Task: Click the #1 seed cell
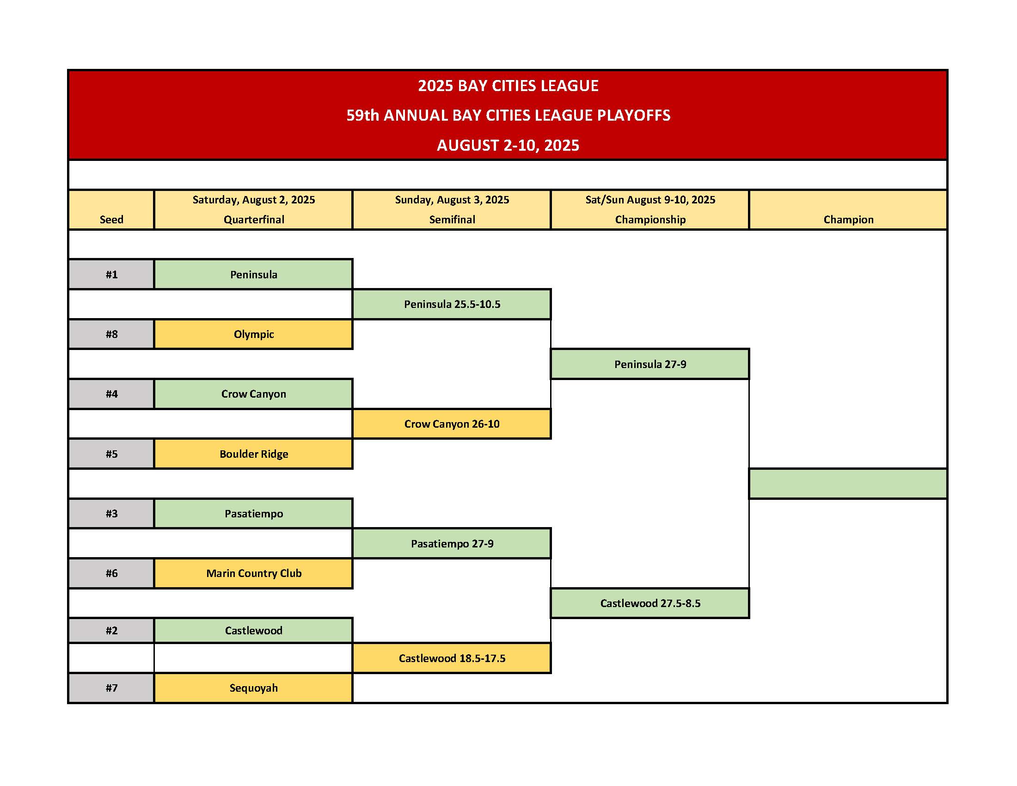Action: [x=111, y=274]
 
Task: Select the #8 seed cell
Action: [x=111, y=334]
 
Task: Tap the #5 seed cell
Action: [x=111, y=454]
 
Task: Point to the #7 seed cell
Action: [x=111, y=688]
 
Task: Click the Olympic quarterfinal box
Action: [x=253, y=334]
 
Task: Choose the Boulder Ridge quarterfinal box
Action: [x=253, y=454]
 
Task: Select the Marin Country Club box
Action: [x=253, y=573]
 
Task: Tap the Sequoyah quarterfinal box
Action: [x=253, y=688]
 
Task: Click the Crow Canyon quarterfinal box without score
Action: [x=253, y=394]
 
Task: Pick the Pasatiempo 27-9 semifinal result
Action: [x=452, y=543]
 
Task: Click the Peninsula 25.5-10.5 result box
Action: [x=452, y=304]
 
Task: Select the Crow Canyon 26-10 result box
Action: [x=452, y=424]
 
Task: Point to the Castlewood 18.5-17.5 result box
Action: [x=452, y=658]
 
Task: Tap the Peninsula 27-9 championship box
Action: [x=650, y=364]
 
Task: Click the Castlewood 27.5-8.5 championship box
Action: [x=650, y=603]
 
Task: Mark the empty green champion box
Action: [x=848, y=483]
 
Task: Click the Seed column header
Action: [x=111, y=219]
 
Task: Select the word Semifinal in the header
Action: [x=452, y=219]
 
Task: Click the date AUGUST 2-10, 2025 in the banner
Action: [x=508, y=145]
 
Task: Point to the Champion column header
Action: [x=848, y=219]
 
